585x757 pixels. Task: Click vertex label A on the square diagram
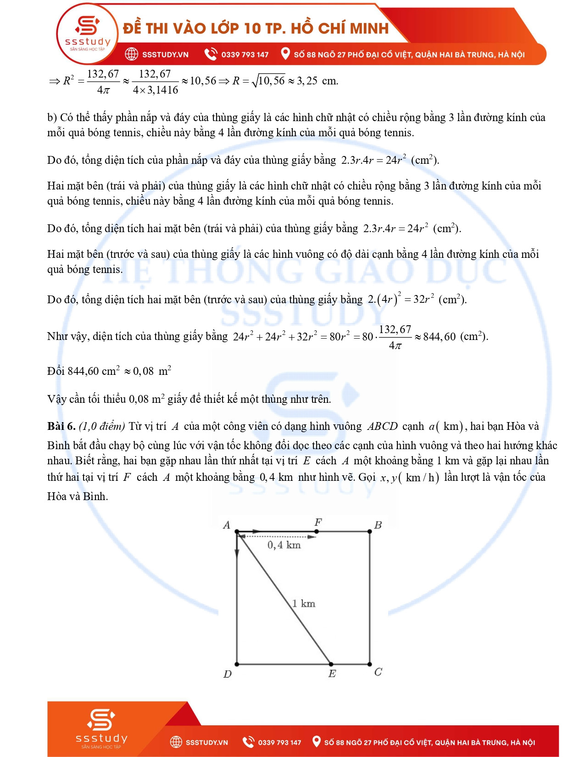(226, 525)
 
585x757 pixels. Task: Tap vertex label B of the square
(378, 525)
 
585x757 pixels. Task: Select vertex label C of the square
(378, 672)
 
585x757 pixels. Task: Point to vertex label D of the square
(228, 674)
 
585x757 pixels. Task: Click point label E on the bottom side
(332, 674)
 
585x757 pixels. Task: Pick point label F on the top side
(318, 522)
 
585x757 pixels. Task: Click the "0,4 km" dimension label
(284, 545)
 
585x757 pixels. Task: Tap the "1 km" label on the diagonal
(304, 603)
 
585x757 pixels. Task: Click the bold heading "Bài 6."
(61, 426)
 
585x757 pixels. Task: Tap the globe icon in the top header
(132, 54)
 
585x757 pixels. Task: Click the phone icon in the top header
(211, 54)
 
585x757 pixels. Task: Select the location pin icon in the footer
(316, 741)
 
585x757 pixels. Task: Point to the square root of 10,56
(269, 81)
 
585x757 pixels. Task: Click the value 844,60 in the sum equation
(439, 337)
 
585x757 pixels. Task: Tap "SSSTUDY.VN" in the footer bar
(206, 742)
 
